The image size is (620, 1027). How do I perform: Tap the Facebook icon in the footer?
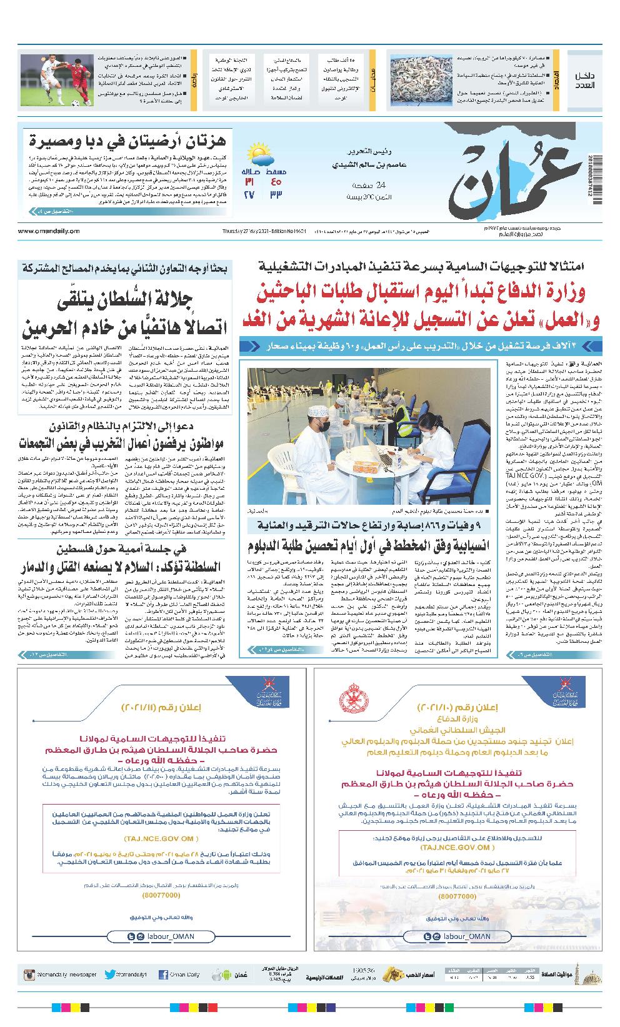[x=164, y=975]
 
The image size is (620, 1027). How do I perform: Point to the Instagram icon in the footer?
[x=29, y=975]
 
